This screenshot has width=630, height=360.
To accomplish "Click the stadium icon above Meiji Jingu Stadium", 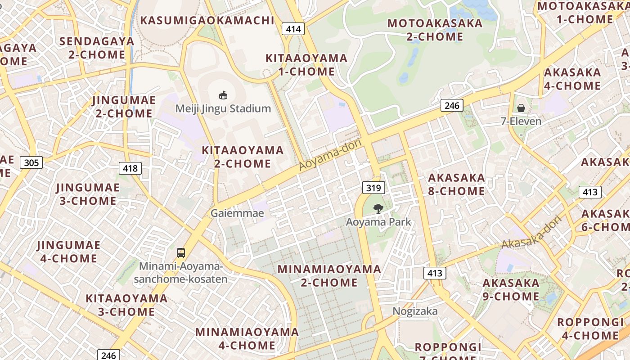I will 223,95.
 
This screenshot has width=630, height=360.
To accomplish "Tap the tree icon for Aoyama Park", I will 378,208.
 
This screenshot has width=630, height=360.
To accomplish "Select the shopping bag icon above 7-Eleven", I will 521,108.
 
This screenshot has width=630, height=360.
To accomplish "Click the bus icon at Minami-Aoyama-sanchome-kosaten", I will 181,253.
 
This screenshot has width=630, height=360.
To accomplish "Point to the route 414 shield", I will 293,29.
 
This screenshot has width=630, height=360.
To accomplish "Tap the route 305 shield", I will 31,162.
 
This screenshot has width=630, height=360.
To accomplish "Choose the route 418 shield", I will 130,168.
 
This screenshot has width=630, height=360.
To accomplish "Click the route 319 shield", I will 373,188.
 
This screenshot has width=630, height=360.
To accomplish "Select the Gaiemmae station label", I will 237,213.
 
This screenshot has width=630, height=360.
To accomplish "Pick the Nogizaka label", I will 415,311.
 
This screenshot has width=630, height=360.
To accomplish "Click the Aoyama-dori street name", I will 330,155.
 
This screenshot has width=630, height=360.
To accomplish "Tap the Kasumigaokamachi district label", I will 207,20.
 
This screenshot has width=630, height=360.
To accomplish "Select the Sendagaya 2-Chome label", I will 97,48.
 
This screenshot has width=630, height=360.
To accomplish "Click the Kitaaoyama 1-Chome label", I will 306,65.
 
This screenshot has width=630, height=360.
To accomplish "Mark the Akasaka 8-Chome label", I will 456,184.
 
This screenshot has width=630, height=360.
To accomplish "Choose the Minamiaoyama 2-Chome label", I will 329,276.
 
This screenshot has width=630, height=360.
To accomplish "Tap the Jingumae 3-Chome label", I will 88,194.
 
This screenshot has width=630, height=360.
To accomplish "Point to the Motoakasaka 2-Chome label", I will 435,30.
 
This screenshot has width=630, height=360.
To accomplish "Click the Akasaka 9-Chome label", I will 511,289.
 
